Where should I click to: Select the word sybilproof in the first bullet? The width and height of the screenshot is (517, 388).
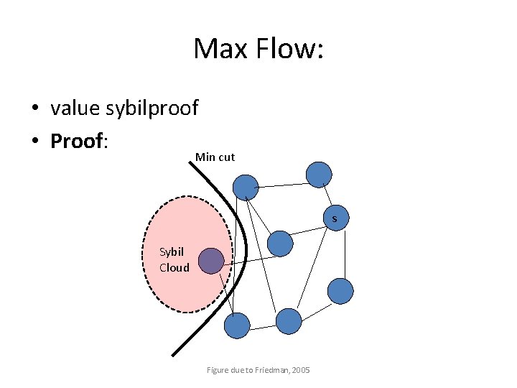(x=152, y=108)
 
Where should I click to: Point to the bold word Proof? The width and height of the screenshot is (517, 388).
(x=77, y=141)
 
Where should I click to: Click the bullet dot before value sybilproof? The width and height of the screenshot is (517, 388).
(x=34, y=109)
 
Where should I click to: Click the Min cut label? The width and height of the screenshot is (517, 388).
(x=215, y=157)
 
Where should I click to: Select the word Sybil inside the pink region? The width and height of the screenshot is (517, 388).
(x=172, y=251)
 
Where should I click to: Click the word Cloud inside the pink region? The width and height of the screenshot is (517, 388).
(x=174, y=267)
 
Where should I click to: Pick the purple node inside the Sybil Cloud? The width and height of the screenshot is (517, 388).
(x=211, y=261)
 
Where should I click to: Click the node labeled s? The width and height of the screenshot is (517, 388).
(x=335, y=217)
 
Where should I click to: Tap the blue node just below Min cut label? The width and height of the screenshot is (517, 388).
(x=246, y=188)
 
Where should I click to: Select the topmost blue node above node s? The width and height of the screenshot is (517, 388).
(x=319, y=175)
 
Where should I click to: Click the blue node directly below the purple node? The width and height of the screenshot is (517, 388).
(x=237, y=325)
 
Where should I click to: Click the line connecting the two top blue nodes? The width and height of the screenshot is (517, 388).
(x=282, y=181)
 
